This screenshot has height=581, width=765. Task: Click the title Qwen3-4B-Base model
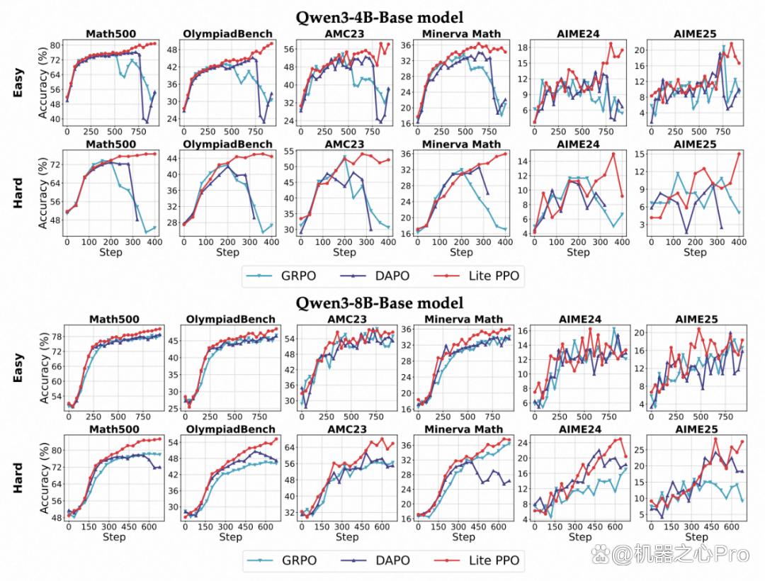coord(380,18)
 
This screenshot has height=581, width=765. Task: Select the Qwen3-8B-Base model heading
coord(380,303)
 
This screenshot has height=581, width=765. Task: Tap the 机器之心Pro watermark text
coord(681,555)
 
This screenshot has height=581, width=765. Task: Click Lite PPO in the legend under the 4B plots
coord(494,276)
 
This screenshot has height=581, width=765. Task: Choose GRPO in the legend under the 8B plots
coord(299,560)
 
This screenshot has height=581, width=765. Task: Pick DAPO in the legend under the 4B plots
coord(392,276)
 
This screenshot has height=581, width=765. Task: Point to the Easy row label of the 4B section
coord(18,83)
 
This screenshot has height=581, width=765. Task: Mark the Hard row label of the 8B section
coord(18,478)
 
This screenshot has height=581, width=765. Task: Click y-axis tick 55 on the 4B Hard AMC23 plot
coord(288,151)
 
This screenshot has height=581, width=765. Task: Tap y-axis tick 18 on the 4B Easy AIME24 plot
coord(523,47)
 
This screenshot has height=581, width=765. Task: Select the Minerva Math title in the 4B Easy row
coord(461,34)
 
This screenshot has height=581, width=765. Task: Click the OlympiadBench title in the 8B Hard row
coord(230,429)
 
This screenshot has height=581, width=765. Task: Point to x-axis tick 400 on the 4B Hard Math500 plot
coord(154,242)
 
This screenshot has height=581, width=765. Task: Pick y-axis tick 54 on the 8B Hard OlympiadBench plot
coord(174,442)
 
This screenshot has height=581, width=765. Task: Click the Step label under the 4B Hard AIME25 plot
coord(695,252)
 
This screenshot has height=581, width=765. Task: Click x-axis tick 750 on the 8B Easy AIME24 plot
coord(609,417)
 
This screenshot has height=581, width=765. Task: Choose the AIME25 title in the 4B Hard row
coord(695,145)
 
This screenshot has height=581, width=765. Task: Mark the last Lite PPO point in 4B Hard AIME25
coord(739,154)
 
